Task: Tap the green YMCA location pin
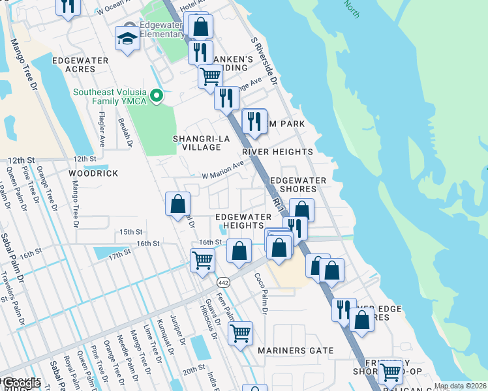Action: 156,96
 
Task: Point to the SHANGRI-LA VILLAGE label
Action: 197,143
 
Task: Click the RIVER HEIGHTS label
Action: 277,152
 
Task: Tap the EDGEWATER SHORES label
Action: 298,184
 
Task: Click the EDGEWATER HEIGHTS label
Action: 243,221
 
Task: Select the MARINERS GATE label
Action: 295,351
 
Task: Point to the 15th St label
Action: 130,232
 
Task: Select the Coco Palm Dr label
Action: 260,293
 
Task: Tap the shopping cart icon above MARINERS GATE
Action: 240,333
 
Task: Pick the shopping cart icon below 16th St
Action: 202,260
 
